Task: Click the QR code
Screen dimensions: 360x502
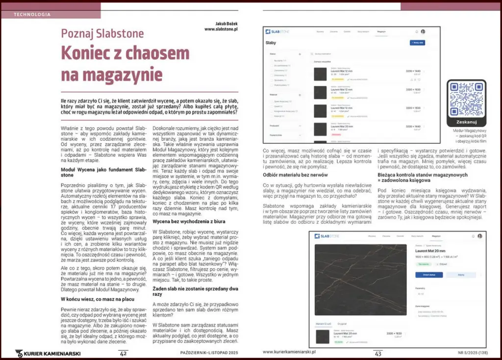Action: (466, 96)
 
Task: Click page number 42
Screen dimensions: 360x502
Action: (124, 353)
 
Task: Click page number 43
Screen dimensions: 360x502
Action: (378, 353)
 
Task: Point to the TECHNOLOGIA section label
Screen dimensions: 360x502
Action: (32, 14)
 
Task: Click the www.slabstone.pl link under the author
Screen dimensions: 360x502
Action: (221, 29)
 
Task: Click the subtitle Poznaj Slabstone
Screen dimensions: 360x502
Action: (102, 34)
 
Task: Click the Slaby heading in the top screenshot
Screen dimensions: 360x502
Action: (271, 43)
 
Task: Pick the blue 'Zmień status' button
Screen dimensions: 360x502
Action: (429, 275)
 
